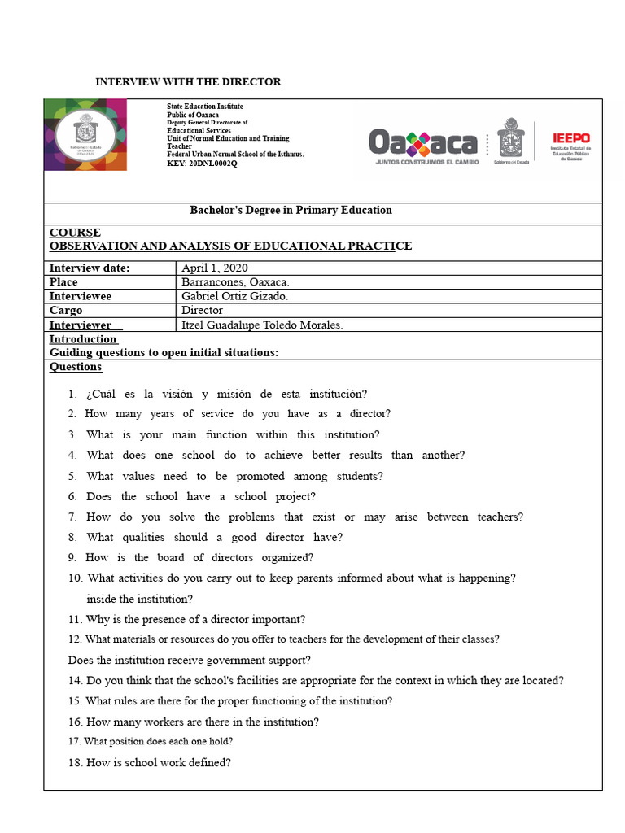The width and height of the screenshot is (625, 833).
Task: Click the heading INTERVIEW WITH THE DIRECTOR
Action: click(188, 81)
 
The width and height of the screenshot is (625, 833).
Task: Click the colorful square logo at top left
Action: click(85, 134)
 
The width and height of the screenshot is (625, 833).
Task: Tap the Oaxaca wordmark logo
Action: click(423, 145)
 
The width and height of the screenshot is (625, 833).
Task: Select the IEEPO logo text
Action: click(570, 138)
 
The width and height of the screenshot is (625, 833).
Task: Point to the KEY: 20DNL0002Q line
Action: click(202, 164)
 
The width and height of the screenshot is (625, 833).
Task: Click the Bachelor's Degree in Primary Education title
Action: click(291, 210)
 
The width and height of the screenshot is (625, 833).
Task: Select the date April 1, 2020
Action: click(215, 268)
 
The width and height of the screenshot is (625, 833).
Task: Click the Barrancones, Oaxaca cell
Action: click(235, 281)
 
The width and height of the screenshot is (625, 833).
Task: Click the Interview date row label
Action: click(90, 268)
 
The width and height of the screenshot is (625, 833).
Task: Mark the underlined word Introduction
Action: click(83, 338)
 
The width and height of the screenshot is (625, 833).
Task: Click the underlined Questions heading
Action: click(76, 366)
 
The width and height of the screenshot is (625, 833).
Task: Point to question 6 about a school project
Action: click(201, 496)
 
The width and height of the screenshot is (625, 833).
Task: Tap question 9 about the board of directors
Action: click(199, 557)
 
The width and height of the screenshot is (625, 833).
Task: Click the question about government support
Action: click(189, 660)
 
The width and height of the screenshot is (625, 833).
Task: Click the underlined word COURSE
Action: click(75, 233)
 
